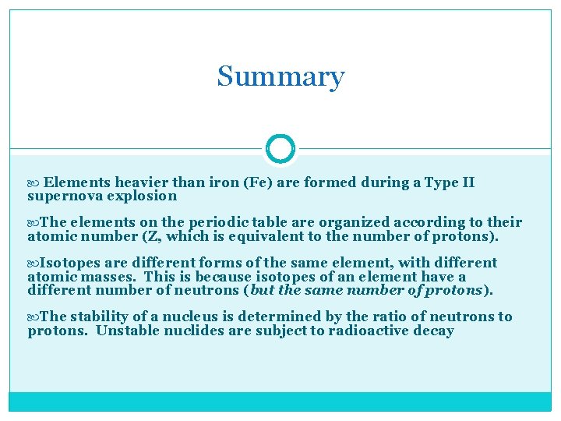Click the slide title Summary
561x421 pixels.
[x=280, y=76]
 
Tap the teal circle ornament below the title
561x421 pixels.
[x=280, y=148]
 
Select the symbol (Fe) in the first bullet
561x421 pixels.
[x=258, y=182]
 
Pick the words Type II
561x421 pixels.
[x=450, y=182]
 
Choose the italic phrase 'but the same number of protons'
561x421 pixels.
[x=366, y=290]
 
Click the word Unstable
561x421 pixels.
[x=129, y=331]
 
